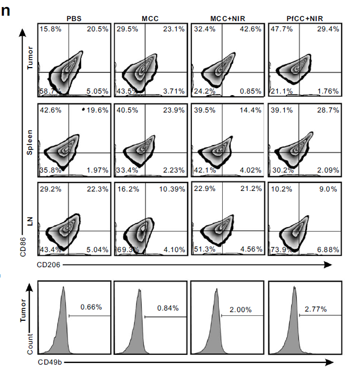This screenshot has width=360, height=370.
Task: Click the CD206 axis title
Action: coord(49,265)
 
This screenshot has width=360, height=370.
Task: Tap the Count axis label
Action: coord(30,344)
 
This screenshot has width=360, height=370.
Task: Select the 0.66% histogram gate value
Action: coord(91,307)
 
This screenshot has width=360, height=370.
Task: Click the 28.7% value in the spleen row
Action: coord(328,110)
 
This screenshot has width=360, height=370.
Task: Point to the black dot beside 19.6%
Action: coord(84,109)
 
